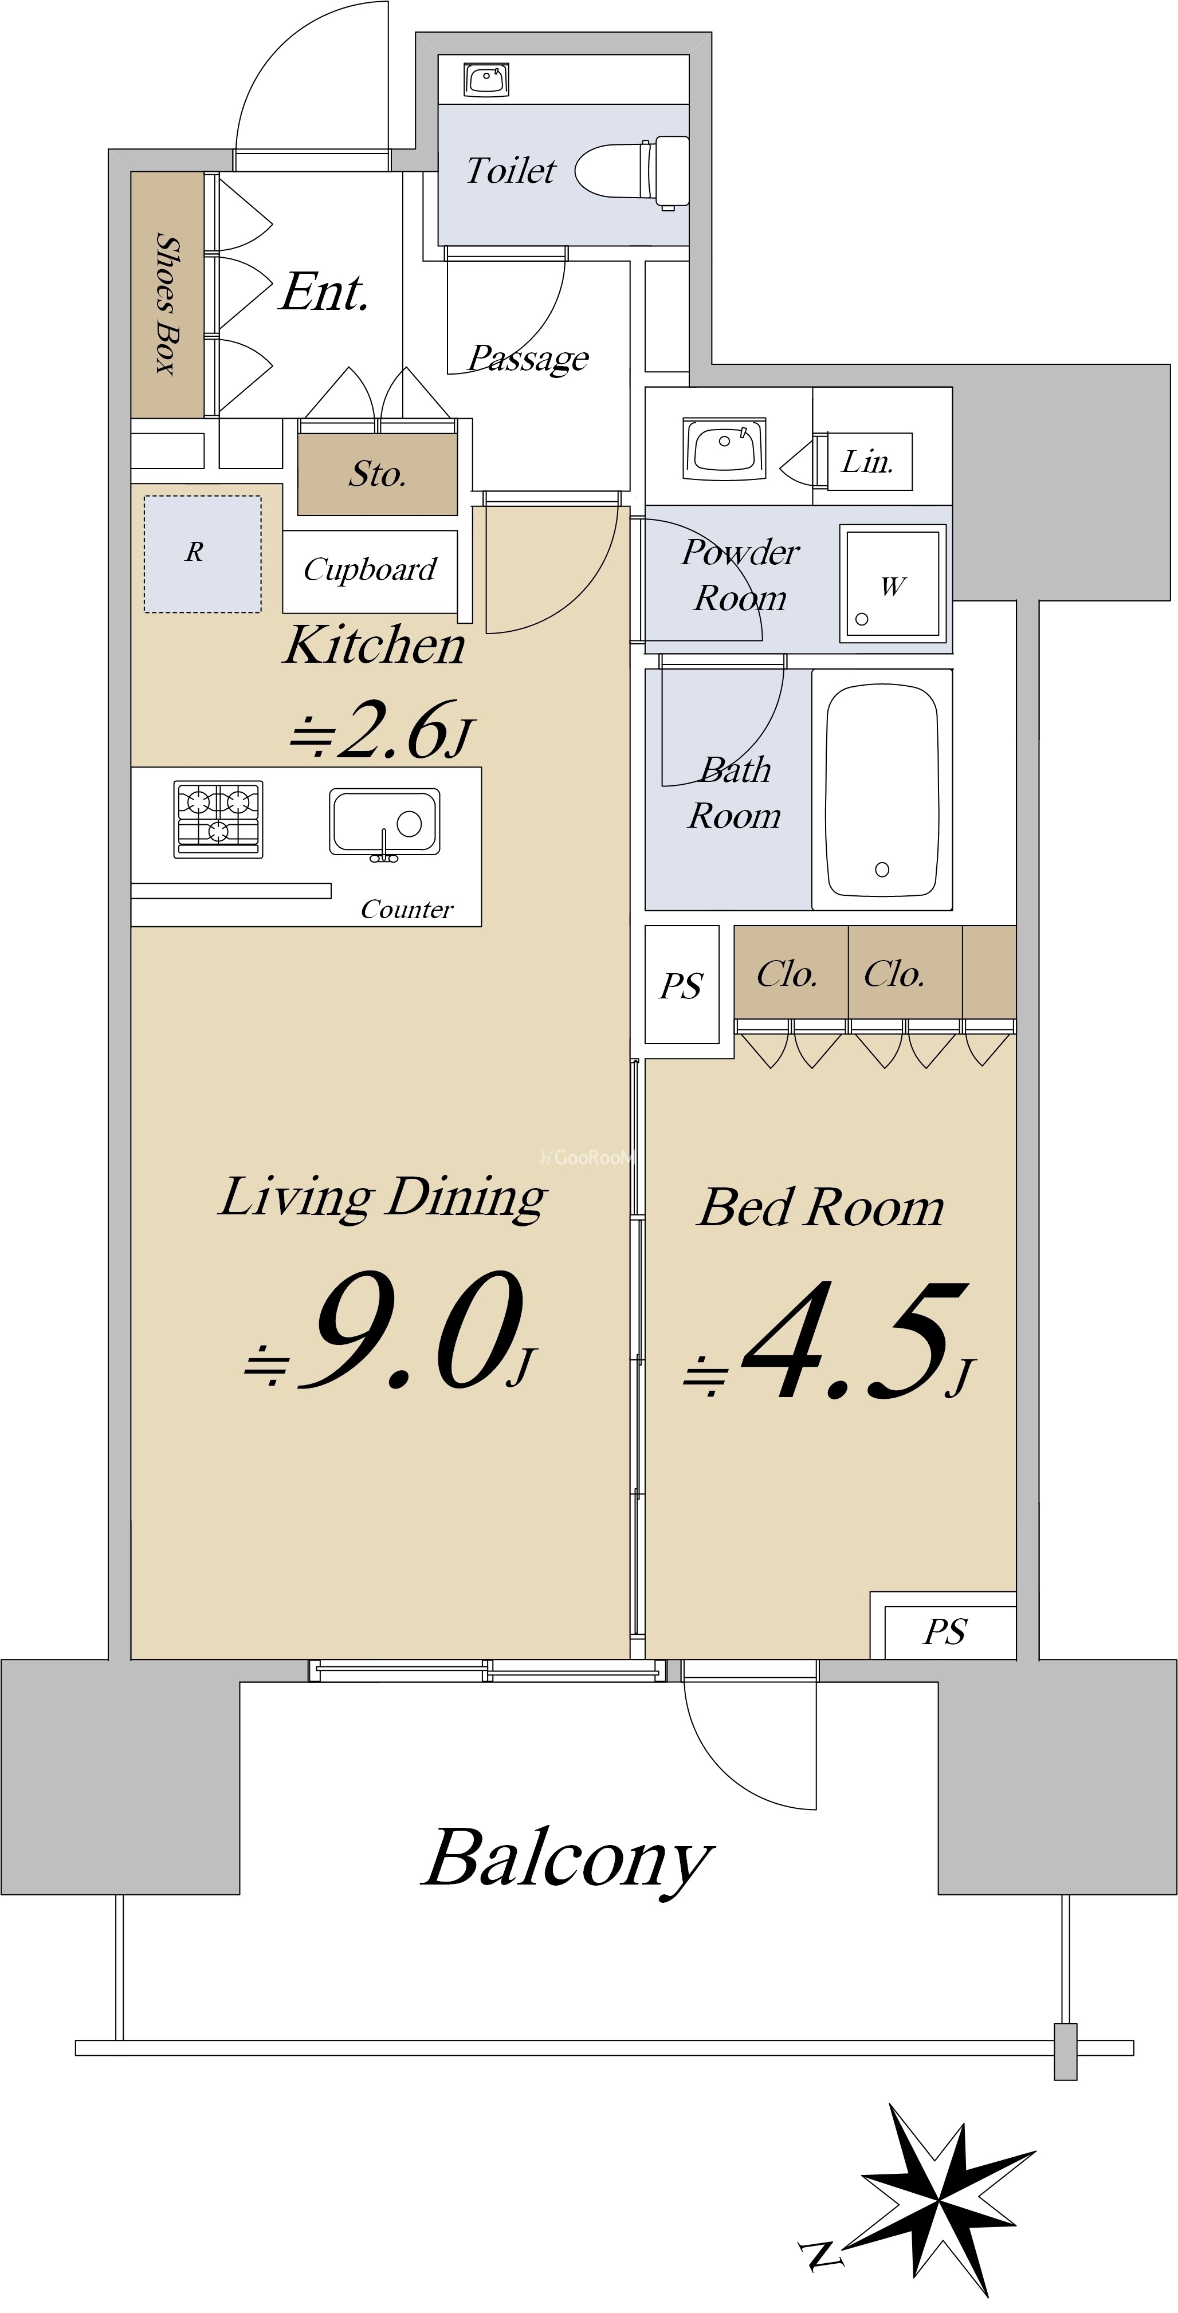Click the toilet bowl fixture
point(632,171)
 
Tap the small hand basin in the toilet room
point(486,79)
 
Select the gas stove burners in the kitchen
point(218,819)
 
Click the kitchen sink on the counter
point(384,823)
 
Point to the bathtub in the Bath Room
point(882,790)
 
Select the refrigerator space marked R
point(202,554)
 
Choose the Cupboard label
point(370,569)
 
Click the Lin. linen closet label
point(867,462)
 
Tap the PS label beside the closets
point(681,986)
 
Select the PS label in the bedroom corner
point(945,1631)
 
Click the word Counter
point(407,910)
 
